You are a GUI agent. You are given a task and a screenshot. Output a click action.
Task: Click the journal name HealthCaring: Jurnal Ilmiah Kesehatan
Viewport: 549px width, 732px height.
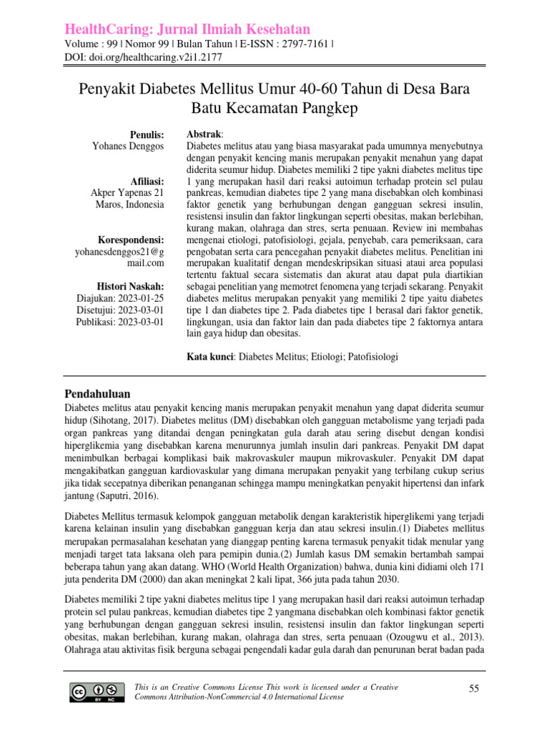[x=188, y=29]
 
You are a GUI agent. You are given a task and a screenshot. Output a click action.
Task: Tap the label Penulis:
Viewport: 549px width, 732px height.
[x=147, y=134]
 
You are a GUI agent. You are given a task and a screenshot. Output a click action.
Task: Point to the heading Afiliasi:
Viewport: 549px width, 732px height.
[x=145, y=180]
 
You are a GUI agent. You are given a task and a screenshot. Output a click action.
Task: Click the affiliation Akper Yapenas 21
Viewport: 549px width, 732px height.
[x=127, y=193]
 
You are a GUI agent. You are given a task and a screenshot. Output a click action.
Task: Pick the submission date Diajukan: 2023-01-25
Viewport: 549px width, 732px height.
[x=119, y=298]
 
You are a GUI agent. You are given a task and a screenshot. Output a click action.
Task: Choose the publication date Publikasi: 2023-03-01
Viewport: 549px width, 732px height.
[x=119, y=322]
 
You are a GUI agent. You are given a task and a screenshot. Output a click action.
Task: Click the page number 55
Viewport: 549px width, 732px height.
[x=473, y=688]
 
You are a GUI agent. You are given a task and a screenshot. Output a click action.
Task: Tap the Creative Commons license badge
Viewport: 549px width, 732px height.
[x=94, y=691]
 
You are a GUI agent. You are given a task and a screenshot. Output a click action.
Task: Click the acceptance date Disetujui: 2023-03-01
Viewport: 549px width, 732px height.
[x=120, y=310]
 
